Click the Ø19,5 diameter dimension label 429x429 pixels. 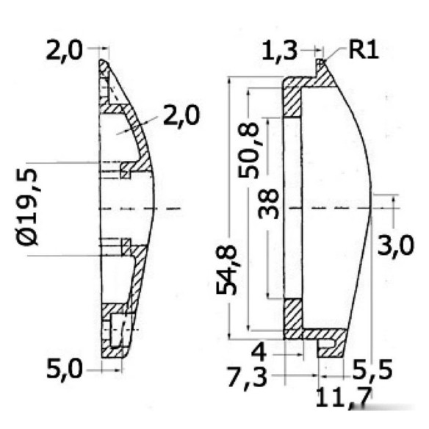pos(26,207)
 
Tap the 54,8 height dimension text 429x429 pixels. pos(226,270)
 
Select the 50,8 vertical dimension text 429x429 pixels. pos(248,150)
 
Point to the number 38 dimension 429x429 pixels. pos(268,204)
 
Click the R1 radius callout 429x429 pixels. pos(364,51)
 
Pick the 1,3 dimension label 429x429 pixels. pos(280,51)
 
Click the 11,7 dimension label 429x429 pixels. pos(344,397)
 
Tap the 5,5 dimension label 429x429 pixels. pos(372,369)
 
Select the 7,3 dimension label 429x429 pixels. pos(247,378)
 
